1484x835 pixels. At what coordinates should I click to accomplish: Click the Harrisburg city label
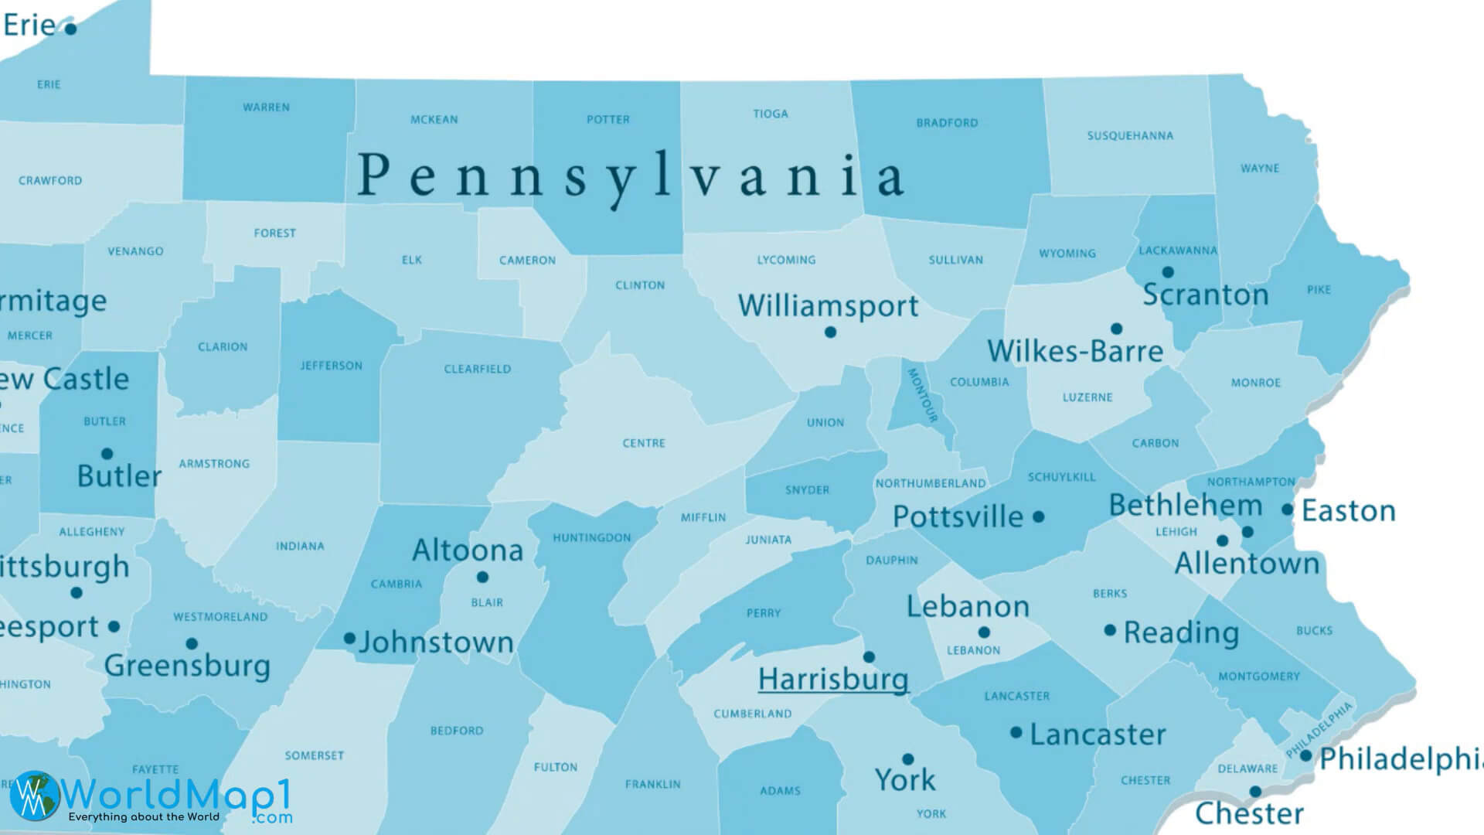[x=832, y=680]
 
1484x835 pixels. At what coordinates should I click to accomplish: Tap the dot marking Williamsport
[x=830, y=332]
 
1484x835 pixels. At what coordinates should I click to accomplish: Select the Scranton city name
[x=1205, y=295]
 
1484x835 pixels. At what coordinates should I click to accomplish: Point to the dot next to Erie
[x=70, y=29]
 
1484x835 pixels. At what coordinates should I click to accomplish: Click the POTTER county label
[x=608, y=120]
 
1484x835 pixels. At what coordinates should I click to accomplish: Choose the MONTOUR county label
[x=922, y=395]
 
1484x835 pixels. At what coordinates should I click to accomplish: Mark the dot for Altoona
[x=482, y=577]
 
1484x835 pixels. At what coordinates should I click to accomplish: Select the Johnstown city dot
[x=349, y=638]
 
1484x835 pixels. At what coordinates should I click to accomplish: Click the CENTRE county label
[x=644, y=443]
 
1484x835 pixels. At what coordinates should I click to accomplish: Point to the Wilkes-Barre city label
[x=1075, y=352]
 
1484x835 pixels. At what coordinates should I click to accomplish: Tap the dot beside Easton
[x=1287, y=510]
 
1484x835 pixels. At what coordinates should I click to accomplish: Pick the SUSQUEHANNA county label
[x=1130, y=136]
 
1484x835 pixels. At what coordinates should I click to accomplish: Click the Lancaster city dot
[x=1016, y=732]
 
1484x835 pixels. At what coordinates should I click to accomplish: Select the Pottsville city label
[x=958, y=516]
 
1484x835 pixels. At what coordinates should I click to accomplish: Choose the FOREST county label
[x=274, y=233]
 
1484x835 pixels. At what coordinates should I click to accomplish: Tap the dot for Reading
[x=1110, y=630]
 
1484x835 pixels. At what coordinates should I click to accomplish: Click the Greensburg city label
[x=187, y=666]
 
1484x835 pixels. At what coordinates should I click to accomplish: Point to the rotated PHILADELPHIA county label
[x=1319, y=729]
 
